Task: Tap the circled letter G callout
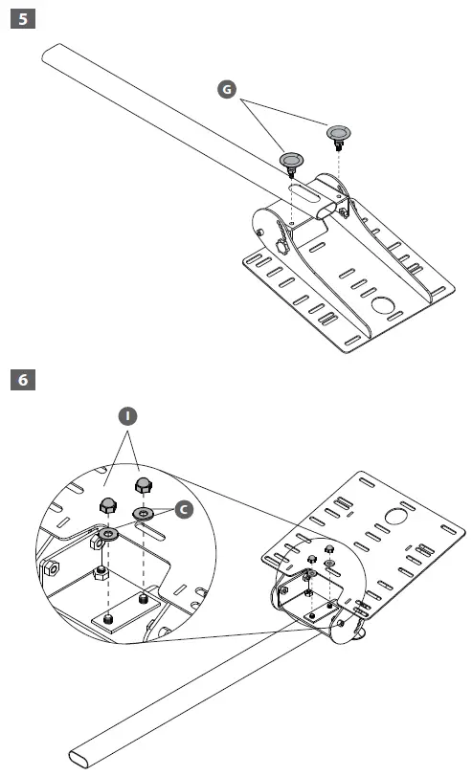(x=226, y=89)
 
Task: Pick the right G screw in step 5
(x=338, y=134)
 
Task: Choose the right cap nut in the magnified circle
(x=141, y=484)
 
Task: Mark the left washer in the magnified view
(x=108, y=533)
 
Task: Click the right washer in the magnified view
(x=145, y=516)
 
